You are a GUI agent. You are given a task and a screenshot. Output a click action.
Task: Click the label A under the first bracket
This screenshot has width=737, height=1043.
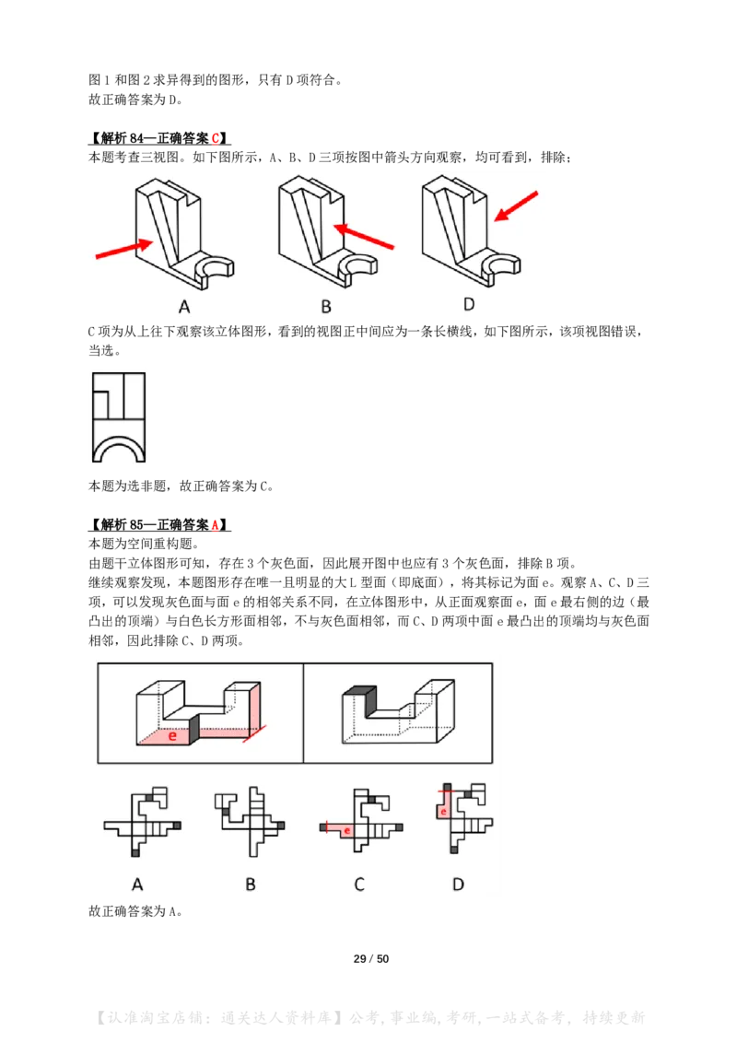(x=184, y=308)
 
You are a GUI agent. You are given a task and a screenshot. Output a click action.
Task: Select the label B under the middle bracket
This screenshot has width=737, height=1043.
(x=326, y=308)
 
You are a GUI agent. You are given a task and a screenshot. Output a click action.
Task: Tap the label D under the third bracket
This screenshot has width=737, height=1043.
(x=468, y=304)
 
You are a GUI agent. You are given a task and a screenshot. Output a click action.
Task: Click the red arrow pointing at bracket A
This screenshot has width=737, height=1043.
(x=123, y=249)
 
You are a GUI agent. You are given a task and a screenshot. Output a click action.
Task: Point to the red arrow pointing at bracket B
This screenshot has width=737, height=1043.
(x=363, y=236)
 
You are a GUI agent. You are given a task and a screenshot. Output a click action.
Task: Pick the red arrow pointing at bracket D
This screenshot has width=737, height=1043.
(x=516, y=206)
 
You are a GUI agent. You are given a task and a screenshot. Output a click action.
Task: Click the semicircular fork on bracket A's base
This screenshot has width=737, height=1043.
(x=216, y=269)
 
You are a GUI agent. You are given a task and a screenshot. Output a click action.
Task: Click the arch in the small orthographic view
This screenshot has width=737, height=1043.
(x=118, y=451)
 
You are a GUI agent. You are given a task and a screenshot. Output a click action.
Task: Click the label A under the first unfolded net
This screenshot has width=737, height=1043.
(x=138, y=885)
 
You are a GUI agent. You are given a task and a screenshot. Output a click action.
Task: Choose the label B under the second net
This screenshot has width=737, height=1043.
(x=250, y=885)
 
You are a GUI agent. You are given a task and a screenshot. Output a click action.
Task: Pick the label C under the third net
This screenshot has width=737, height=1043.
(x=359, y=885)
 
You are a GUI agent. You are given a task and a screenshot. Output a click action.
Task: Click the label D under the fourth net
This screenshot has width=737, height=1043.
(x=458, y=885)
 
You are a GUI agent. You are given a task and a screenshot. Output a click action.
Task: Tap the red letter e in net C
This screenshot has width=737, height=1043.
(x=346, y=831)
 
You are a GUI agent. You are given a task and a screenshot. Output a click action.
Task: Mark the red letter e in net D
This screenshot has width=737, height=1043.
(x=443, y=812)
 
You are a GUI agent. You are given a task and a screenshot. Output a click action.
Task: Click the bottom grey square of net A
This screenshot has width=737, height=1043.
(x=135, y=853)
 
